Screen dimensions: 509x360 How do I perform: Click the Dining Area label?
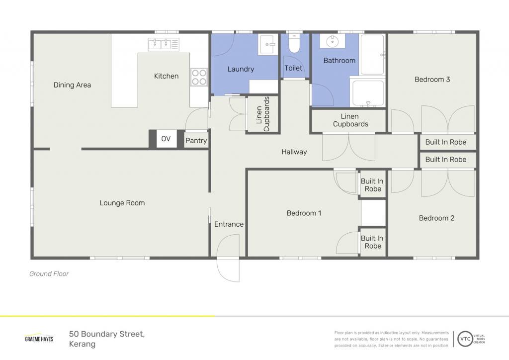[x=72, y=85]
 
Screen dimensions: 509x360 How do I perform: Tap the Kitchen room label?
[x=166, y=76]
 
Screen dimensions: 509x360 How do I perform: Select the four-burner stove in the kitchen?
[x=199, y=77]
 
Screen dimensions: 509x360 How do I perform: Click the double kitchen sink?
[x=164, y=44]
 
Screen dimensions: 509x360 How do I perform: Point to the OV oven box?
[x=166, y=139]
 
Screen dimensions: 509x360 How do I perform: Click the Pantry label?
[x=196, y=141]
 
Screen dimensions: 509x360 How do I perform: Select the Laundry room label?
[x=241, y=69]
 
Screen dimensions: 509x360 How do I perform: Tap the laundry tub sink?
[x=268, y=44]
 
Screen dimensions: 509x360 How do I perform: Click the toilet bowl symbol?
[x=294, y=44]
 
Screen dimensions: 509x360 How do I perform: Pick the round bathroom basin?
[x=333, y=41]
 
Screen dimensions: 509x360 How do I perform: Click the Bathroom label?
[x=339, y=60]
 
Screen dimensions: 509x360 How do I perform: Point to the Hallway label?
[x=294, y=152]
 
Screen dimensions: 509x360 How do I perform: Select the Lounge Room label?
[x=122, y=203]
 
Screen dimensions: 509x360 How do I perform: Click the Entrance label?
[x=229, y=224]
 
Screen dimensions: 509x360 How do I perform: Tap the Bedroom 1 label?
[x=304, y=213]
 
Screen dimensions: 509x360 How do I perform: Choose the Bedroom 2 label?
[x=436, y=218]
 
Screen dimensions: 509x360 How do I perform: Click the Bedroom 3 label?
[x=432, y=79]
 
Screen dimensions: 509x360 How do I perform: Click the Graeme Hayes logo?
[x=39, y=338]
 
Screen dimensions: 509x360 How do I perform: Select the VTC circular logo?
[x=465, y=339]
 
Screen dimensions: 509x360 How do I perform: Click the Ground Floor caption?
[x=49, y=273]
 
